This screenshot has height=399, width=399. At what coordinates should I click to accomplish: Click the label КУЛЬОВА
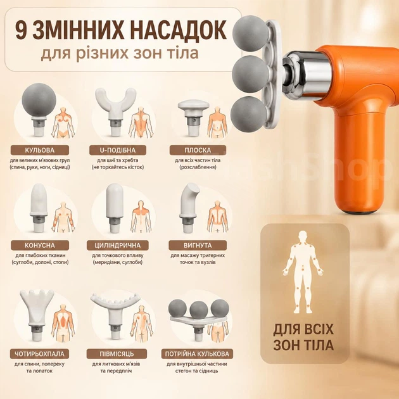coord(40,150)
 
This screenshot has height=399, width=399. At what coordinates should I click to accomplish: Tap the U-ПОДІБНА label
coord(118,150)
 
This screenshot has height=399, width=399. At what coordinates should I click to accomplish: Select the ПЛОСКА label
coord(198,150)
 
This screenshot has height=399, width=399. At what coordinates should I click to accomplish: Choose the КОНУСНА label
coord(40,245)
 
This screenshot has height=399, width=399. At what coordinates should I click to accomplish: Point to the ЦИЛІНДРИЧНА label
coord(118,245)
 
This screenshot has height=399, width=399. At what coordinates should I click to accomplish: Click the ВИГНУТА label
coord(198,245)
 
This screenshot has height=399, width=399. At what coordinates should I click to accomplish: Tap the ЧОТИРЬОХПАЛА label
coord(40,353)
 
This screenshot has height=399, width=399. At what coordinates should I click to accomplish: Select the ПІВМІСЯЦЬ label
coord(117,353)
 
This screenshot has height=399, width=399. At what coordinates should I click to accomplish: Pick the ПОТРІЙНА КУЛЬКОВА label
coord(197,353)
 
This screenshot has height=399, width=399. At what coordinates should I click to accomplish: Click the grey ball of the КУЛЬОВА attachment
coord(39,100)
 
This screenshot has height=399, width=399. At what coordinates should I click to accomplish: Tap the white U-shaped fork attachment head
coord(115,102)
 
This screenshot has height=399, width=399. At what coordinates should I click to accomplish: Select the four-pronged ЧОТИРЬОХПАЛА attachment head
coord(37,307)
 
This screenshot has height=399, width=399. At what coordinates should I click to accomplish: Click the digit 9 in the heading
coord(20,31)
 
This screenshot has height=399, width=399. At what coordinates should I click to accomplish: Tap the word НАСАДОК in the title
coord(179,30)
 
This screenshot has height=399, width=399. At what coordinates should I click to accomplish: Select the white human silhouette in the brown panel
coord(303,272)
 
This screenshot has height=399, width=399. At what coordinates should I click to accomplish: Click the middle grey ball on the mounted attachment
coord(250,74)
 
